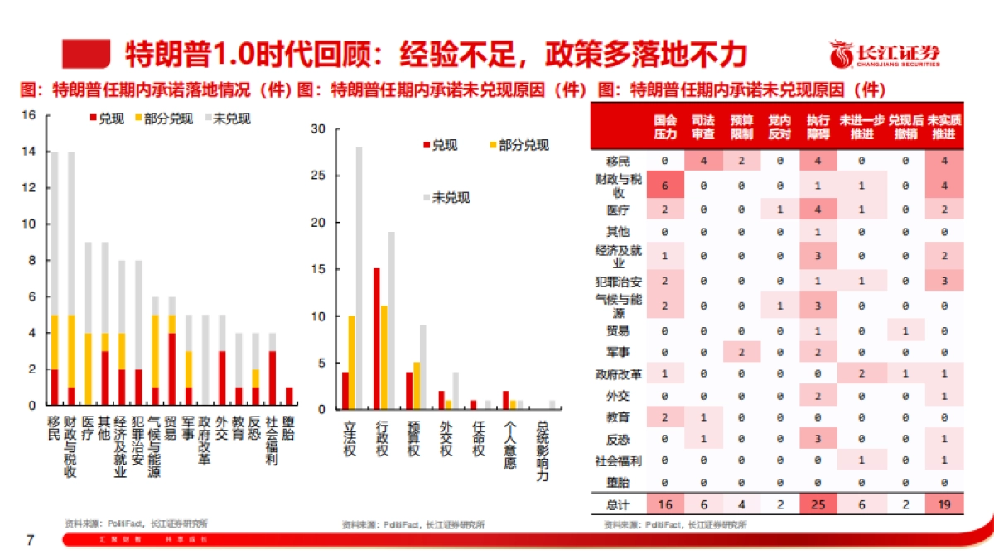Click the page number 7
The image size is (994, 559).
31,541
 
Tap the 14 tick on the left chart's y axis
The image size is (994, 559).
30,152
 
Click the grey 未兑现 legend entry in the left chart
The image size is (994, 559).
227,118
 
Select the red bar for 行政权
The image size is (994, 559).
376,339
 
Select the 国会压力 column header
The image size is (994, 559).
664,126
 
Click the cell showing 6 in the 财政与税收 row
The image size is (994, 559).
664,185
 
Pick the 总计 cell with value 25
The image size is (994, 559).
817,503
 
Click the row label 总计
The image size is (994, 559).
618,503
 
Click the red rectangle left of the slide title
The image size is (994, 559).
87,54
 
